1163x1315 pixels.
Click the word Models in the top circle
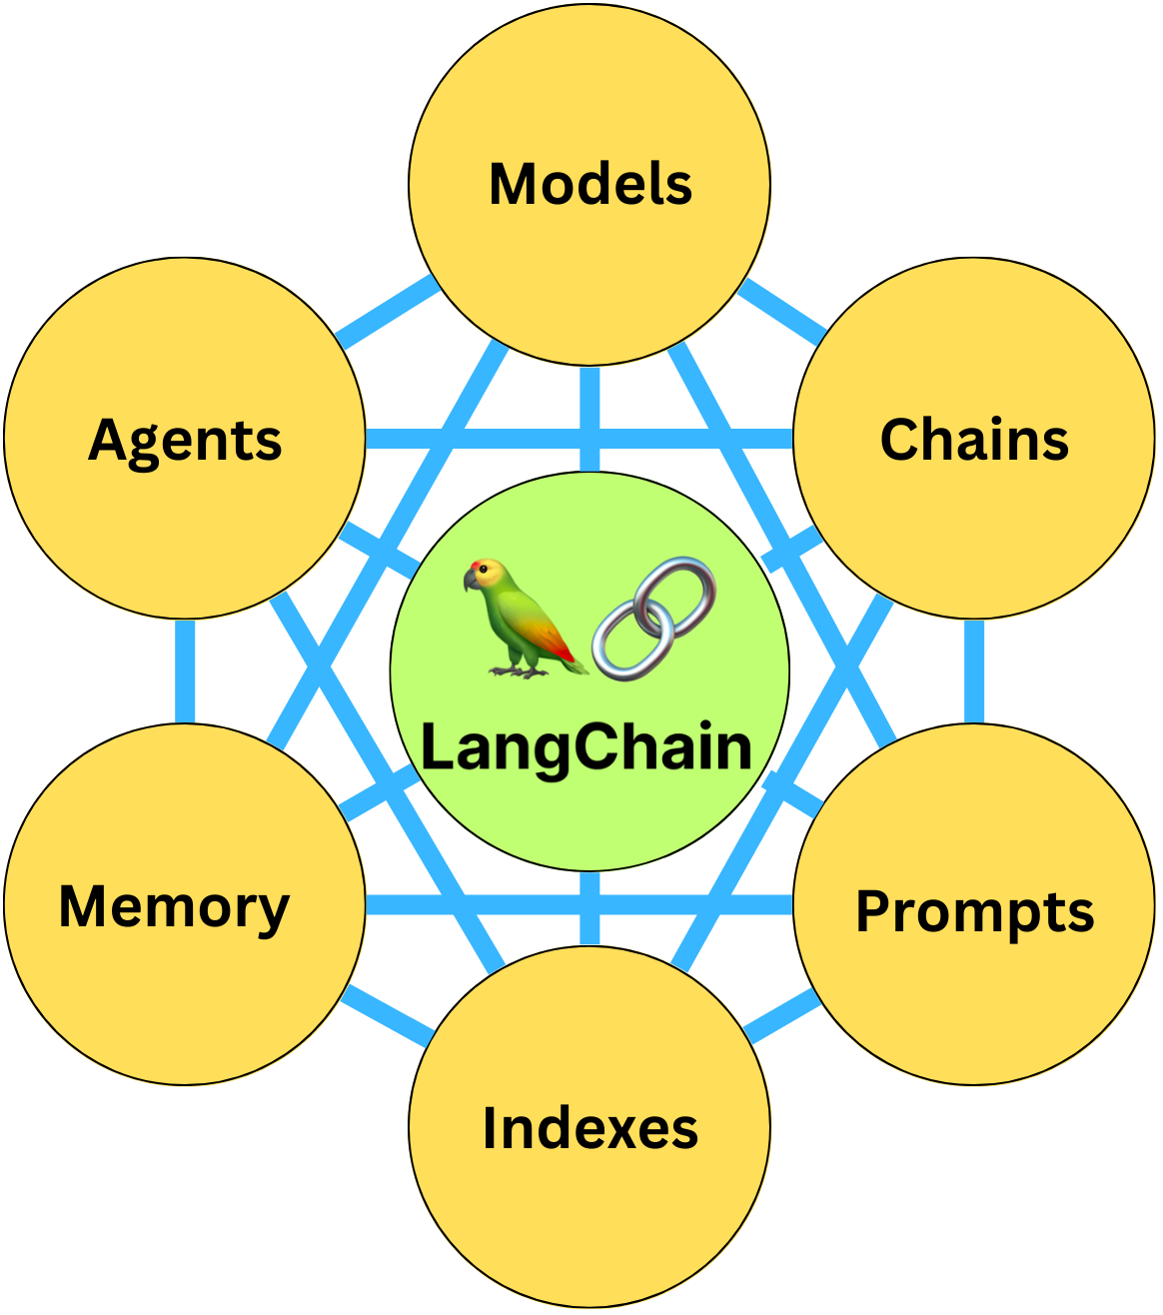tap(589, 185)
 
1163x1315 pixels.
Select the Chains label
tap(974, 440)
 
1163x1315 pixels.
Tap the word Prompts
tap(974, 911)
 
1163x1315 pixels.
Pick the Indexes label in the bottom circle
tap(589, 1128)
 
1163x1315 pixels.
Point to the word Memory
tap(175, 907)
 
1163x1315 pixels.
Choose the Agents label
tap(185, 440)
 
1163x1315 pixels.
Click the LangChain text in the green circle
tap(586, 747)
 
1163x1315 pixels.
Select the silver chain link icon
tap(654, 620)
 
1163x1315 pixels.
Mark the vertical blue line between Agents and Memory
tap(185, 670)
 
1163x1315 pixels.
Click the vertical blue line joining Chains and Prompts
tap(974, 670)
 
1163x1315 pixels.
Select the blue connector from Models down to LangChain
tap(589, 418)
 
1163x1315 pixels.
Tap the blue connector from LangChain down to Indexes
tap(589, 907)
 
